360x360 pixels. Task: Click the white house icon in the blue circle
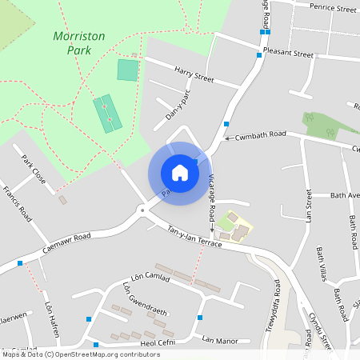pyautogui.click(x=180, y=173)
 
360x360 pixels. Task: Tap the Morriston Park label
pyautogui.click(x=72, y=42)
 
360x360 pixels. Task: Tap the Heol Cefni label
pyautogui.click(x=157, y=343)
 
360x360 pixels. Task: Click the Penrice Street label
pyautogui.click(x=334, y=9)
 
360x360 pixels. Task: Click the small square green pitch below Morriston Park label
pyautogui.click(x=127, y=70)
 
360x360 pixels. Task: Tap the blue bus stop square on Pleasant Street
pyautogui.click(x=259, y=55)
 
